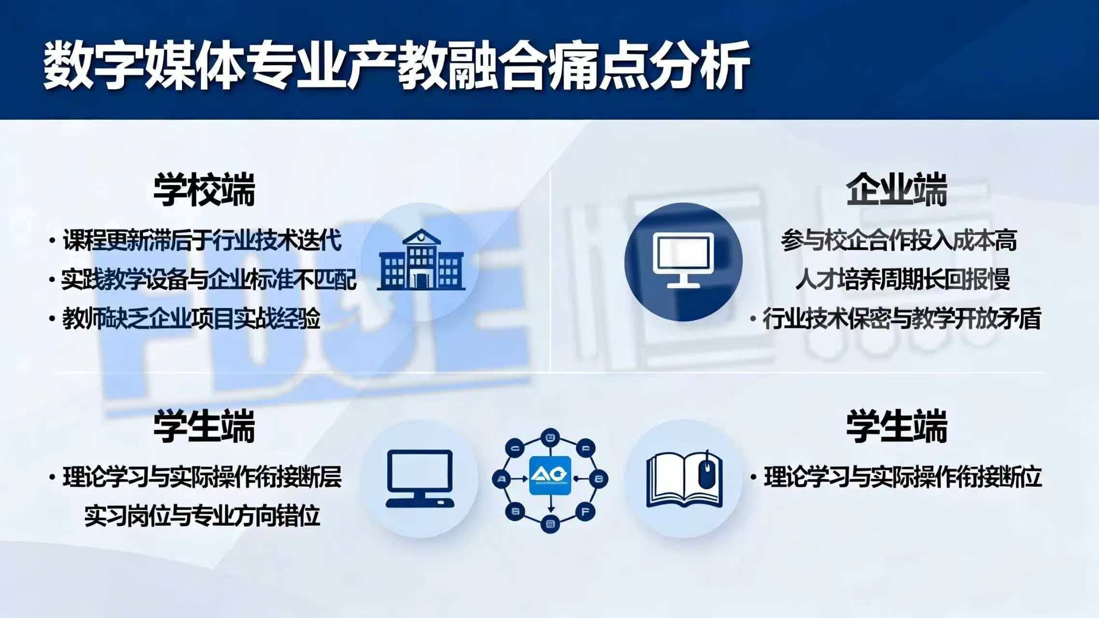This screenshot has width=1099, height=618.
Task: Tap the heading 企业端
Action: coord(896,190)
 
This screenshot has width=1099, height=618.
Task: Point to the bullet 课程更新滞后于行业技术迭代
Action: coord(202,240)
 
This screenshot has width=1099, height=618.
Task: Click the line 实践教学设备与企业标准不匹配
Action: coord(209,280)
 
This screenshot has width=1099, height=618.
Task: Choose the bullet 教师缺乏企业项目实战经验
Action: coord(191,319)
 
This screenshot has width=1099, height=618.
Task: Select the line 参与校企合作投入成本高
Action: coord(899,240)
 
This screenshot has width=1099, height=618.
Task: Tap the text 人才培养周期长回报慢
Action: coord(902,280)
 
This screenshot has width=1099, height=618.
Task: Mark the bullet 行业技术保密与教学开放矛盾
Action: coord(901,319)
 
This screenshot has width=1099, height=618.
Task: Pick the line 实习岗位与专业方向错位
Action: coord(202,516)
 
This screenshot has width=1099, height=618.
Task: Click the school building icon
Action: coord(421,261)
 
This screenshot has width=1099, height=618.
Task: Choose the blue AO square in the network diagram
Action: coord(550,475)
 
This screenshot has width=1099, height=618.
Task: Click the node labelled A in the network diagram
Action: coord(503,479)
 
